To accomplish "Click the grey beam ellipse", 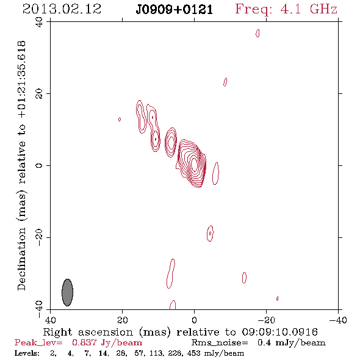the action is coord(68,292).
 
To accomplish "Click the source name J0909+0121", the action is coord(174,10).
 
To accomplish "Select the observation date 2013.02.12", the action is coord(62,9).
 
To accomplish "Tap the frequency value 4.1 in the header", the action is coord(290,9).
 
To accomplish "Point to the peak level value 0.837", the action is coord(84,343).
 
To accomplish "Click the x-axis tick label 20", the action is coord(122,320).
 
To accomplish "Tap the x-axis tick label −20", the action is coord(266,320).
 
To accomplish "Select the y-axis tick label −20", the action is coord(39,237).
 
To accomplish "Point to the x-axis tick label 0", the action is coord(194,320).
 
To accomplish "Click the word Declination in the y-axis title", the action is coord(21,259).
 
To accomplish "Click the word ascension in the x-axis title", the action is coord(106,332).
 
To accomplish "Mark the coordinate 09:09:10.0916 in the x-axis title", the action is coord(280,332).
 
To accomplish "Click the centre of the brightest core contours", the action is coord(194,164).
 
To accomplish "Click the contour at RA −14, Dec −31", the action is coord(244,278).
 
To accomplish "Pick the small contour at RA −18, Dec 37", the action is coord(257,33).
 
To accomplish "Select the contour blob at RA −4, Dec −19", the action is coord(210,233).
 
